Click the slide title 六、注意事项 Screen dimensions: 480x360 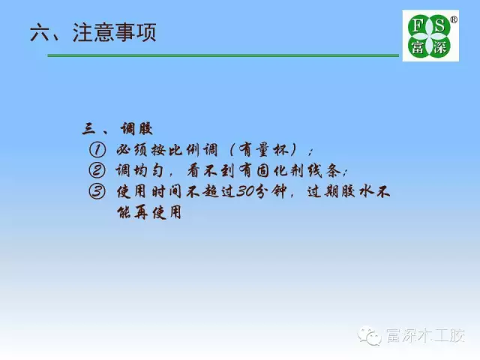[93, 32]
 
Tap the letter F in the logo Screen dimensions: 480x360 [418, 25]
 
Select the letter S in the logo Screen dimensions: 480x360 [439, 25]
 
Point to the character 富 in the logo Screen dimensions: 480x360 [418, 47]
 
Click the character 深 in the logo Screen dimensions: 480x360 [440, 47]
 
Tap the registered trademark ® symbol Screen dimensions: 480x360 [454, 20]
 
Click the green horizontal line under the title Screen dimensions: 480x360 [223, 55]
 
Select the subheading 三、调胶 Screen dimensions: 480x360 [117, 128]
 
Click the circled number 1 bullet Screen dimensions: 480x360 [97, 150]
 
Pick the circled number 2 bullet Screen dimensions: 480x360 [97, 170]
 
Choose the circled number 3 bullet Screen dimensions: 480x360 [97, 192]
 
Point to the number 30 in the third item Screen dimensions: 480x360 [246, 192]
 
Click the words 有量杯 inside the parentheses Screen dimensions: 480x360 [263, 150]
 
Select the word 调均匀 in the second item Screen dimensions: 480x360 [139, 170]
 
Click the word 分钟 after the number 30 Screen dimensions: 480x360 [271, 192]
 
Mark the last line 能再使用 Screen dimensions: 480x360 [149, 212]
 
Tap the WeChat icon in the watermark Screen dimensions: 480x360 [370, 336]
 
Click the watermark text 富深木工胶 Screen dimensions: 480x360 [425, 336]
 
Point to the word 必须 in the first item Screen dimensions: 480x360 [132, 150]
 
